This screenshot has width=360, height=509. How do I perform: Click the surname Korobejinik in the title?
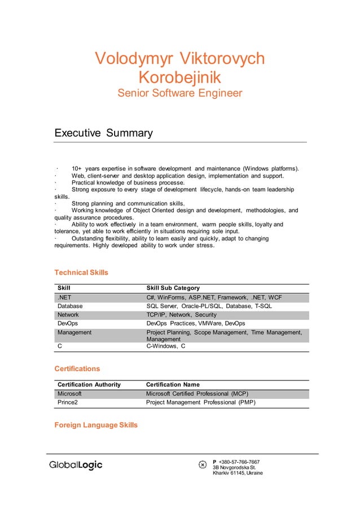179,77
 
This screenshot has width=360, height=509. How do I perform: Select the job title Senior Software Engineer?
179,93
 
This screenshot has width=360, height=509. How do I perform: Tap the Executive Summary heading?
103,133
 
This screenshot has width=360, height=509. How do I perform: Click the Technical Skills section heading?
81,273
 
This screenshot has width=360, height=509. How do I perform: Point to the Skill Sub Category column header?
173,288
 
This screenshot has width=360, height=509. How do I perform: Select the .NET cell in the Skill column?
64,297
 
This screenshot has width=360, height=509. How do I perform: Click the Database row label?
70,306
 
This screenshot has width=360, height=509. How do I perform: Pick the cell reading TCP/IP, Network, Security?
181,315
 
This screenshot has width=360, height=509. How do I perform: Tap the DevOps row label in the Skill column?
68,323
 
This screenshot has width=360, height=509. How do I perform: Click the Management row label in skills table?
74,333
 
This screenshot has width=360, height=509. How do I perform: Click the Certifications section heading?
77,368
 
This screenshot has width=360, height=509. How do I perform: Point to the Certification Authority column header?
89,384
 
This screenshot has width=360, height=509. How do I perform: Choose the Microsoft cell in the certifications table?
70,393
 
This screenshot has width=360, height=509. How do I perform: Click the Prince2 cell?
68,402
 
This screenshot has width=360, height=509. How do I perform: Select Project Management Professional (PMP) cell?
200,402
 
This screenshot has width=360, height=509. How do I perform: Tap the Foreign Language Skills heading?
95,425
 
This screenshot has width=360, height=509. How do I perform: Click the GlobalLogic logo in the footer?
76,465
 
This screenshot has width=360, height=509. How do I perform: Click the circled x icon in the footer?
203,464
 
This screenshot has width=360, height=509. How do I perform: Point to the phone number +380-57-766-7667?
239,462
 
